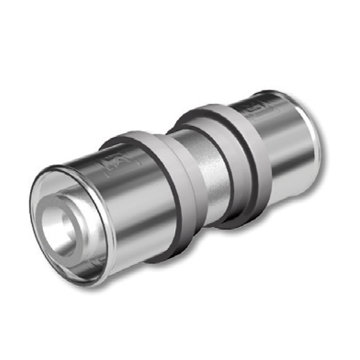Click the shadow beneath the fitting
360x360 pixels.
183,256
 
